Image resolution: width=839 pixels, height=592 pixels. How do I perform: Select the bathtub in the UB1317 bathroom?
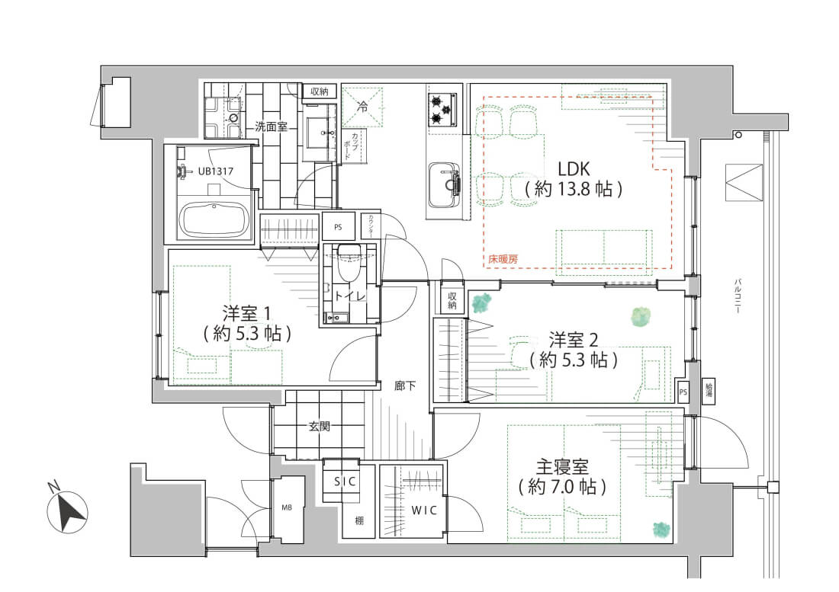pos(214,220)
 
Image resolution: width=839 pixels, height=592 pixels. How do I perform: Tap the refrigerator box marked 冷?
pos(363,107)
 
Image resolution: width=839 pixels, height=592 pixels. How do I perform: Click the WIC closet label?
pos(424,510)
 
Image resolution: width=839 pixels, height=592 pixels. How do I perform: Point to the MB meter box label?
pos(288,507)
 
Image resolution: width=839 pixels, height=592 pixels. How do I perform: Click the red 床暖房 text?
pos(503,260)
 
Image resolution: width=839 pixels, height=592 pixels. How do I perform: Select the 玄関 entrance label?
pos(319,427)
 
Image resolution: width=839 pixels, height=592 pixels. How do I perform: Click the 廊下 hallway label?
pos(405,386)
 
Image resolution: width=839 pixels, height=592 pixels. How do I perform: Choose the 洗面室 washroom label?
pos(271,127)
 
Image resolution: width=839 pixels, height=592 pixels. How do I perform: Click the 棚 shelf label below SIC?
pos(358,521)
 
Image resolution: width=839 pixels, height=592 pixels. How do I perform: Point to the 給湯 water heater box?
pos(709,390)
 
